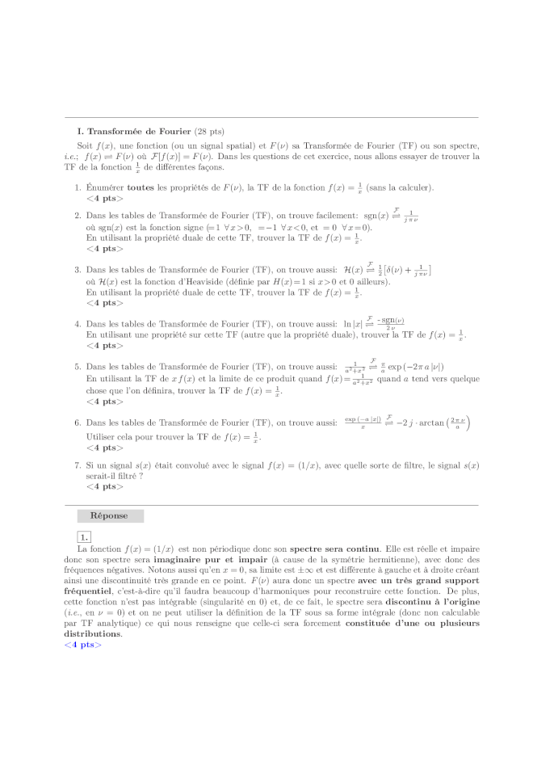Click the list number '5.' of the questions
tap(78, 367)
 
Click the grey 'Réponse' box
tap(110, 515)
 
